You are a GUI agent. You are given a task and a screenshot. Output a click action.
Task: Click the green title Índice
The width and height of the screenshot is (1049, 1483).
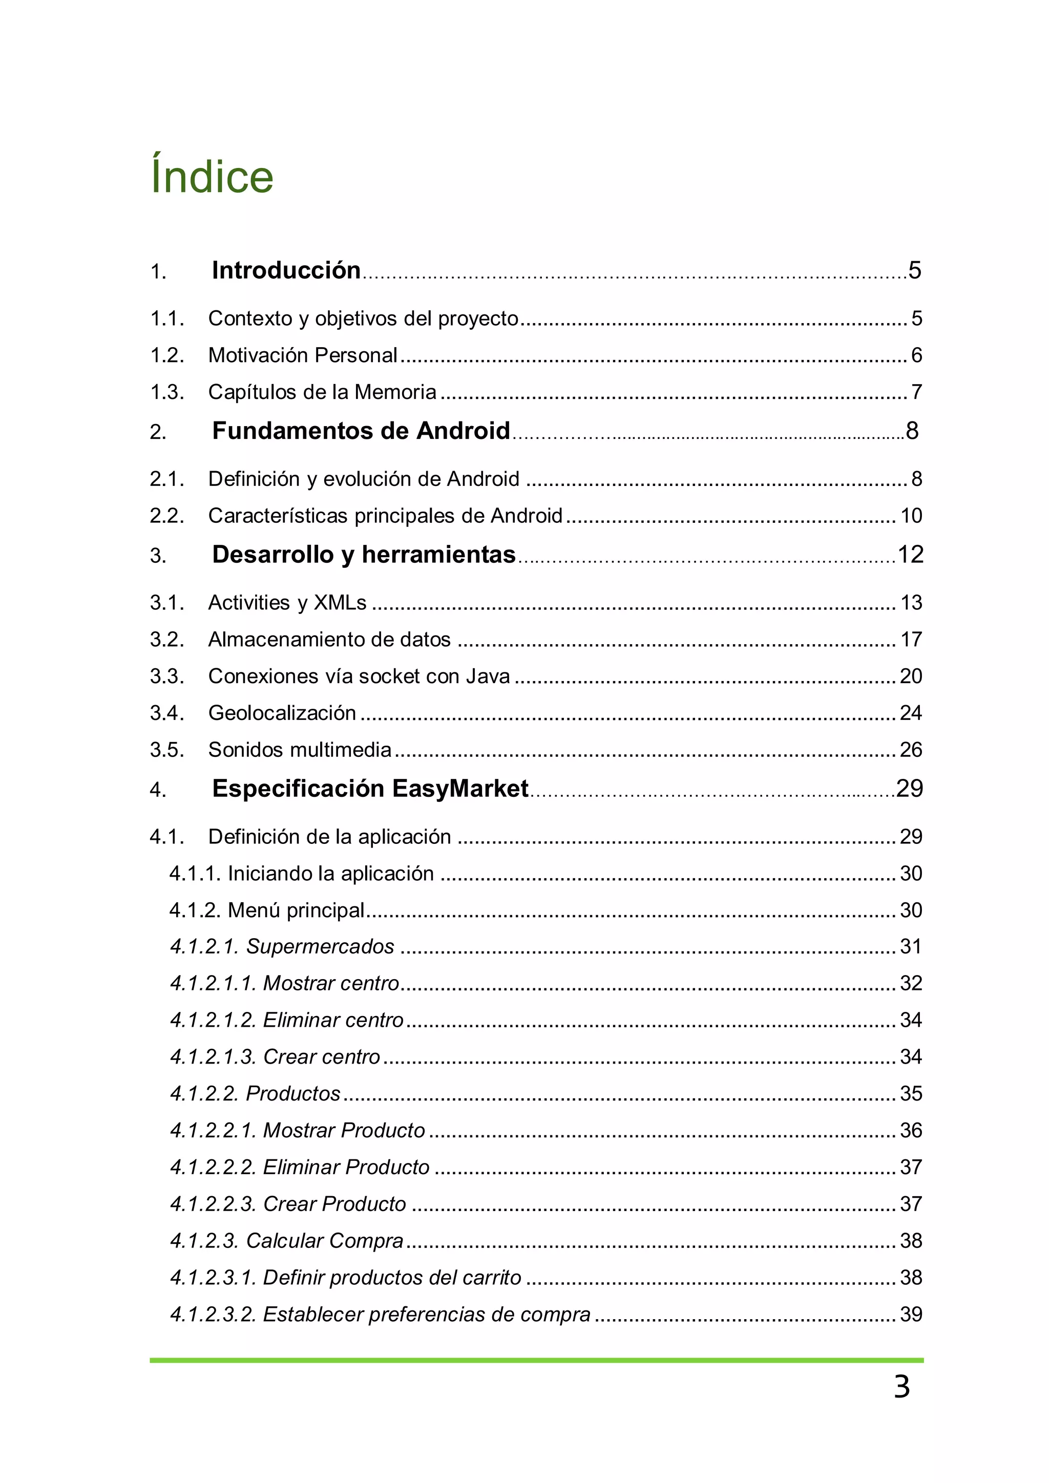(x=212, y=176)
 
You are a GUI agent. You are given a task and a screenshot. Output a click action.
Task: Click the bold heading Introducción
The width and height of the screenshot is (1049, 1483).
(x=285, y=270)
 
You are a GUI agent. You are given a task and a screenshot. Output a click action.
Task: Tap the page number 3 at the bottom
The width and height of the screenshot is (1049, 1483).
(x=901, y=1387)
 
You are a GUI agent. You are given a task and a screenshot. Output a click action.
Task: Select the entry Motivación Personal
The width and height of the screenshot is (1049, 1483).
(x=302, y=355)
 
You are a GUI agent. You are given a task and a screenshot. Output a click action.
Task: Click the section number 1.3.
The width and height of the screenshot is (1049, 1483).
(x=166, y=392)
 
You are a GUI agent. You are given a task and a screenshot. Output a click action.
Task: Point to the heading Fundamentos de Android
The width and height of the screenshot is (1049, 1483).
(x=361, y=431)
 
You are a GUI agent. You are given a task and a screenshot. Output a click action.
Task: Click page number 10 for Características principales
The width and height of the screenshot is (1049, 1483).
(x=911, y=516)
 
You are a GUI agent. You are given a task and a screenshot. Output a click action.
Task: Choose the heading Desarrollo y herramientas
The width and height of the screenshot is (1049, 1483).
(x=363, y=555)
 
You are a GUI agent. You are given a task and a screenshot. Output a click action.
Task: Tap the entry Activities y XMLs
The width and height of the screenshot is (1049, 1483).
(x=287, y=603)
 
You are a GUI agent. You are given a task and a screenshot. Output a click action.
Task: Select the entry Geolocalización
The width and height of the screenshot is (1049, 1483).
(x=282, y=713)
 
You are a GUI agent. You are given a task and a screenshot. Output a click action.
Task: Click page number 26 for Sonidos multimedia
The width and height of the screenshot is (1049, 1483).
(x=911, y=750)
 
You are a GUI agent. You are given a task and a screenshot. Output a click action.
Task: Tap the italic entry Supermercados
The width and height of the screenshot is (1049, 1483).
(x=320, y=947)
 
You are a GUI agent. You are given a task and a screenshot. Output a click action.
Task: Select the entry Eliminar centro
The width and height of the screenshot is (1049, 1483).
(x=332, y=1021)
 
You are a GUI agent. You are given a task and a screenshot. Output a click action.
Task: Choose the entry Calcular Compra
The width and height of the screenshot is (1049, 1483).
(x=324, y=1241)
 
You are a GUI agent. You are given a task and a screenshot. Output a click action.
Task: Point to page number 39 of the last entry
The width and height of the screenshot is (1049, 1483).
(x=911, y=1315)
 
